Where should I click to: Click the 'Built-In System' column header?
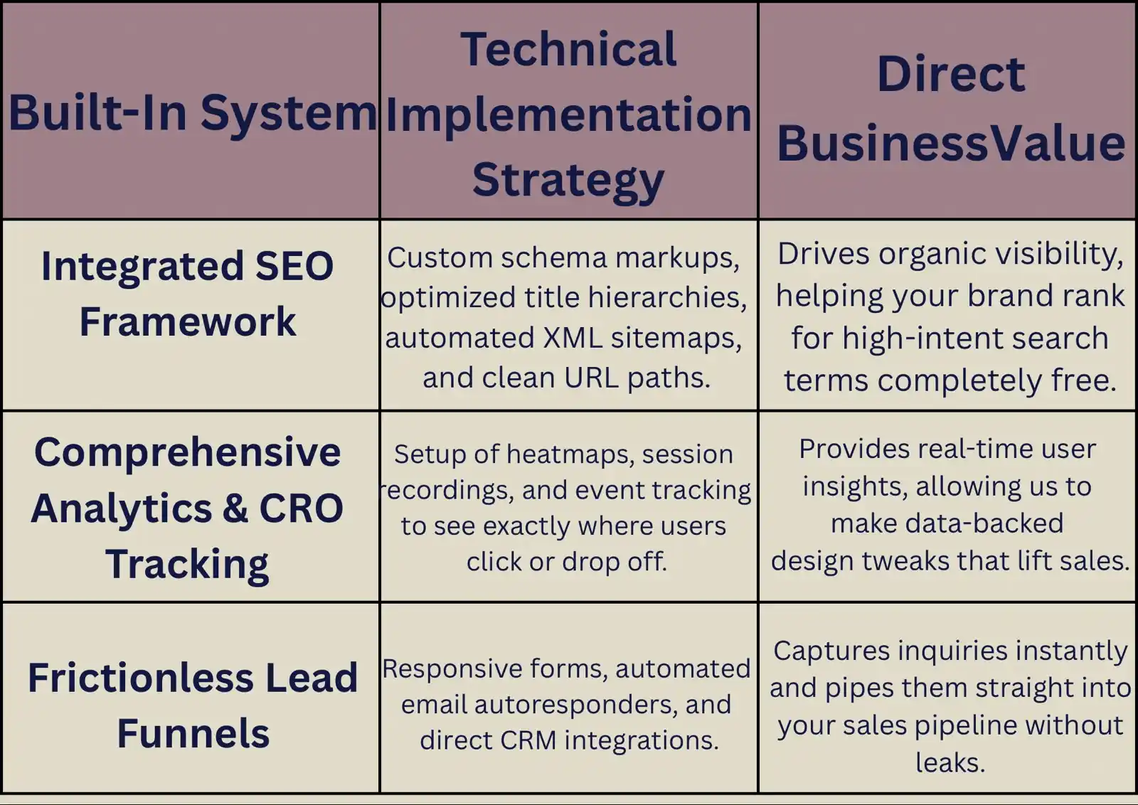pyautogui.click(x=193, y=114)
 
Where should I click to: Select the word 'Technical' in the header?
pyautogui.click(x=568, y=49)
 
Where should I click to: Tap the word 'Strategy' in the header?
pyautogui.click(x=568, y=181)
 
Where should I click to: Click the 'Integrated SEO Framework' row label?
pyautogui.click(x=188, y=294)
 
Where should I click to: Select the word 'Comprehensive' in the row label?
pyautogui.click(x=188, y=452)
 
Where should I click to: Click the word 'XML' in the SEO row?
pyautogui.click(x=573, y=338)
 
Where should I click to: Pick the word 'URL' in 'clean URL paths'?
pyautogui.click(x=591, y=378)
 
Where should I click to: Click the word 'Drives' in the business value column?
pyautogui.click(x=823, y=253)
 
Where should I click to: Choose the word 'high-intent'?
pyautogui.click(x=922, y=338)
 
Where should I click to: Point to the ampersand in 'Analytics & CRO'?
pyautogui.click(x=235, y=508)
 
